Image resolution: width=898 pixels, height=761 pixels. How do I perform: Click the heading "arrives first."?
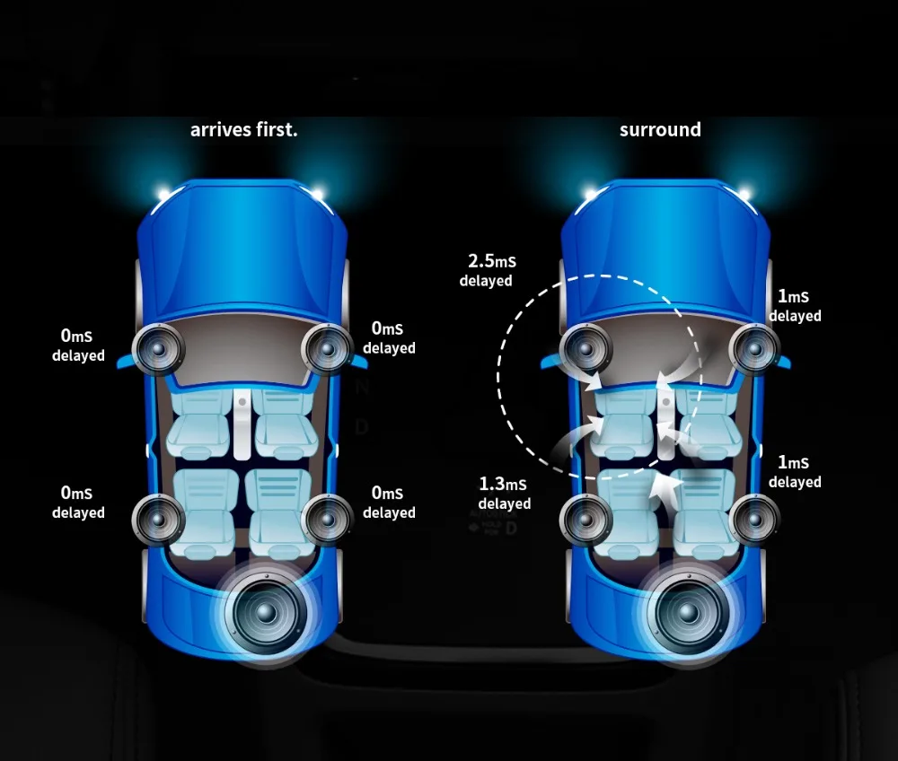[243, 129]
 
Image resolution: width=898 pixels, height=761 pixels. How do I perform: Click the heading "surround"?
[660, 129]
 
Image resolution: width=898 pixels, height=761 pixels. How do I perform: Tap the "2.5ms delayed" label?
[486, 270]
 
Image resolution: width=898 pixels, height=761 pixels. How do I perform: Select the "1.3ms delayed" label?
[504, 494]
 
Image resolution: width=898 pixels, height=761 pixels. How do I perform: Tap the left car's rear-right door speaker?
[327, 517]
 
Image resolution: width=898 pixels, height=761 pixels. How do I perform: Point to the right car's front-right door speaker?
[753, 348]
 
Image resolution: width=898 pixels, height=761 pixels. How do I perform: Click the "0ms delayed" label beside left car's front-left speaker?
[77, 346]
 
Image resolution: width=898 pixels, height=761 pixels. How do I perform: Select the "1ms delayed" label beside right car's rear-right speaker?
[795, 472]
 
